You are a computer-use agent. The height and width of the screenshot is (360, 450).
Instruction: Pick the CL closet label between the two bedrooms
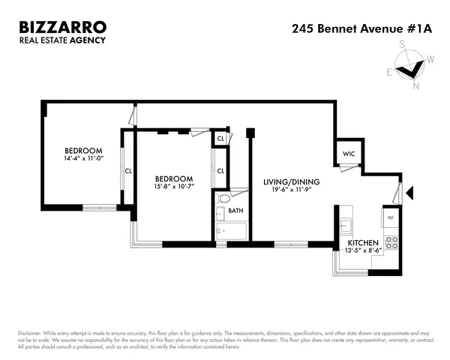[127, 170]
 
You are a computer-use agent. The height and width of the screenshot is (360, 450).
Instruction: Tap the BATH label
[235, 211]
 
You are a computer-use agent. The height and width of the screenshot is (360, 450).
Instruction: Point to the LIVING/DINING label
[292, 181]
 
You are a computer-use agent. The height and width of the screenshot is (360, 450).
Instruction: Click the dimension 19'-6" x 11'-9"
[292, 190]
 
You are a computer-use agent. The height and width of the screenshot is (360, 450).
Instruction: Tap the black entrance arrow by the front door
[409, 193]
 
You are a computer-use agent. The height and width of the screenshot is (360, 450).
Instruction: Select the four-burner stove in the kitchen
[390, 242]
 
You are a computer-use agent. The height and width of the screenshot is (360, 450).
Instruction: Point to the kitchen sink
[346, 224]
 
